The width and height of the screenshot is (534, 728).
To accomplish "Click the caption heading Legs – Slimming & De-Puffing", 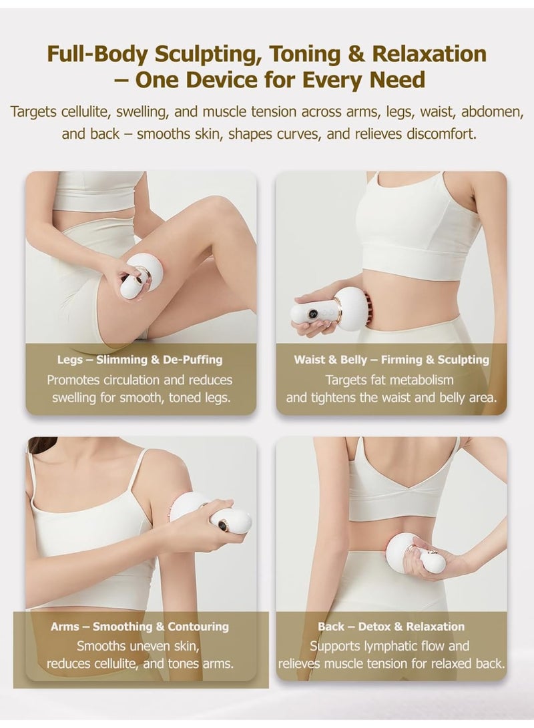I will point(140,360).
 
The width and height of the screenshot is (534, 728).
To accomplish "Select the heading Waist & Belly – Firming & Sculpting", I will point(392,360).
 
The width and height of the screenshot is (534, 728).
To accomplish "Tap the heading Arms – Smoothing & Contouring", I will point(140,627).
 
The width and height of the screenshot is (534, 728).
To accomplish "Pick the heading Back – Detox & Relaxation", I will point(391,627).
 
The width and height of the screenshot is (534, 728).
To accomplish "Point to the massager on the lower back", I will point(415,553).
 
